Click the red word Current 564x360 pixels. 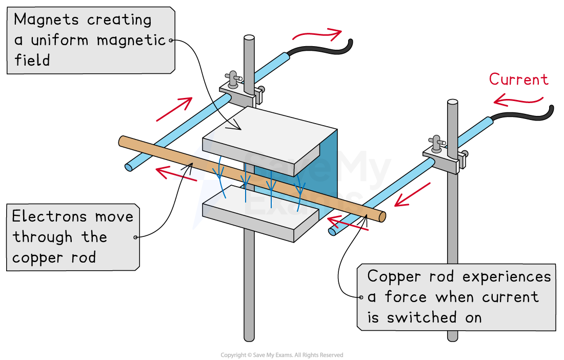click(518, 79)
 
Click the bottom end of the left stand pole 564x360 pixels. click(249, 336)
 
